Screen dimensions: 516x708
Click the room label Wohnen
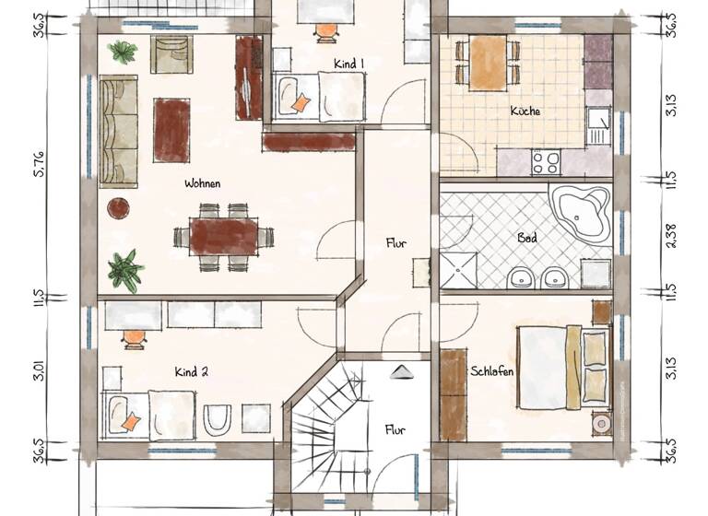click(x=202, y=183)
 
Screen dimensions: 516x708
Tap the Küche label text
click(x=525, y=111)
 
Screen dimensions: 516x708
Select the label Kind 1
click(x=348, y=64)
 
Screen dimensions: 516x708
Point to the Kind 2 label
click(x=191, y=372)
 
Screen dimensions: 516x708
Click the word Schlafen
click(x=491, y=371)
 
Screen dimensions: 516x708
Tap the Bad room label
click(x=526, y=238)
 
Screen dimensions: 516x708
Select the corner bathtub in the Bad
click(x=580, y=212)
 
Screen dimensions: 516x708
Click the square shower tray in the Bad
click(x=458, y=270)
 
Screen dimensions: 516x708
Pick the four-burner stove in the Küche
click(x=546, y=162)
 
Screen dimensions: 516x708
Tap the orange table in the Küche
click(x=487, y=62)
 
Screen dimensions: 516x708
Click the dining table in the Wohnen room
click(x=224, y=236)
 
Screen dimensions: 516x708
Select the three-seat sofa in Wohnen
click(x=118, y=132)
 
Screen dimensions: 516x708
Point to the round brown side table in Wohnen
click(x=118, y=208)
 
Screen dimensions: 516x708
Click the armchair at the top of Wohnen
click(x=172, y=55)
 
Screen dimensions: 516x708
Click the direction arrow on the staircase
click(x=403, y=371)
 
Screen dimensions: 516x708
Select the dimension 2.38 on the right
click(x=671, y=235)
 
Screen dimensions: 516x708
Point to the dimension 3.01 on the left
click(x=39, y=374)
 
